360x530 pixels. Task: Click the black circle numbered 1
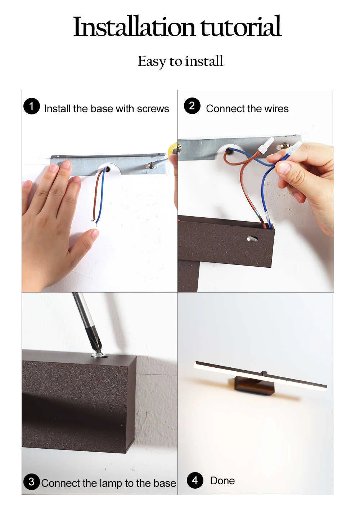coord(31,106)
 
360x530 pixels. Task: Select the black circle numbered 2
coord(192,106)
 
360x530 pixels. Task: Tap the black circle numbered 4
coord(195,480)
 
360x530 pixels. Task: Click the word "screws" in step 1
coord(153,109)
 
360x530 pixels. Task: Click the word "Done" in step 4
coord(222,481)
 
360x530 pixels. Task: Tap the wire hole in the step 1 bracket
coord(108,169)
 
